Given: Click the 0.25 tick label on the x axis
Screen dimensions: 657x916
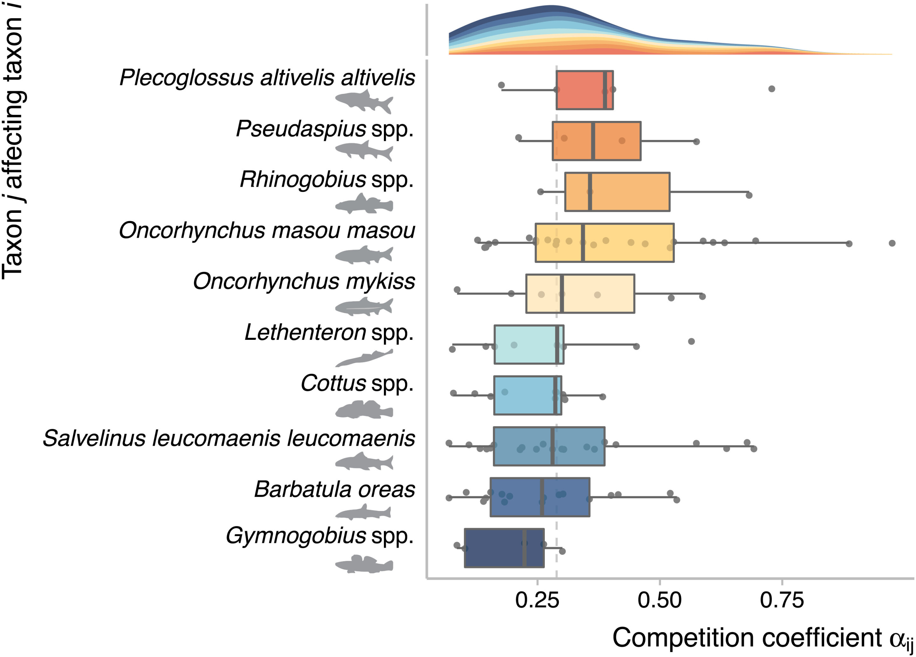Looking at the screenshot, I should pos(537,600).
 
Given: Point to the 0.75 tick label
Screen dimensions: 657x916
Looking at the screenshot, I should pos(781,600).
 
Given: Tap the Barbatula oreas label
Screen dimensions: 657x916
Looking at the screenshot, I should pos(334,489).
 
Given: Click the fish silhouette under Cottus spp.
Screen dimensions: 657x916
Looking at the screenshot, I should pos(364,409).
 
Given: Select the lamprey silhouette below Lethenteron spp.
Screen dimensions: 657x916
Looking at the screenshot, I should pos(364,358).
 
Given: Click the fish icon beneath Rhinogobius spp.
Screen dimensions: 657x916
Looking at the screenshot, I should pos(364,204).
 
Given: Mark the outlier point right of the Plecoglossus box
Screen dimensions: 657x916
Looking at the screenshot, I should pos(771,89).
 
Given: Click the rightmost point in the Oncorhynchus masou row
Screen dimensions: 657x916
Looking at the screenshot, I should pos(892,243).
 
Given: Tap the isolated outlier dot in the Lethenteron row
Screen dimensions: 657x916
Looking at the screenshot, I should pos(691,341).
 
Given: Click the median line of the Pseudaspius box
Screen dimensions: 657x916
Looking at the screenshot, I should pos(593,141).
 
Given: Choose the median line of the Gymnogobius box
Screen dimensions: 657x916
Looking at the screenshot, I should pos(524,548).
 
